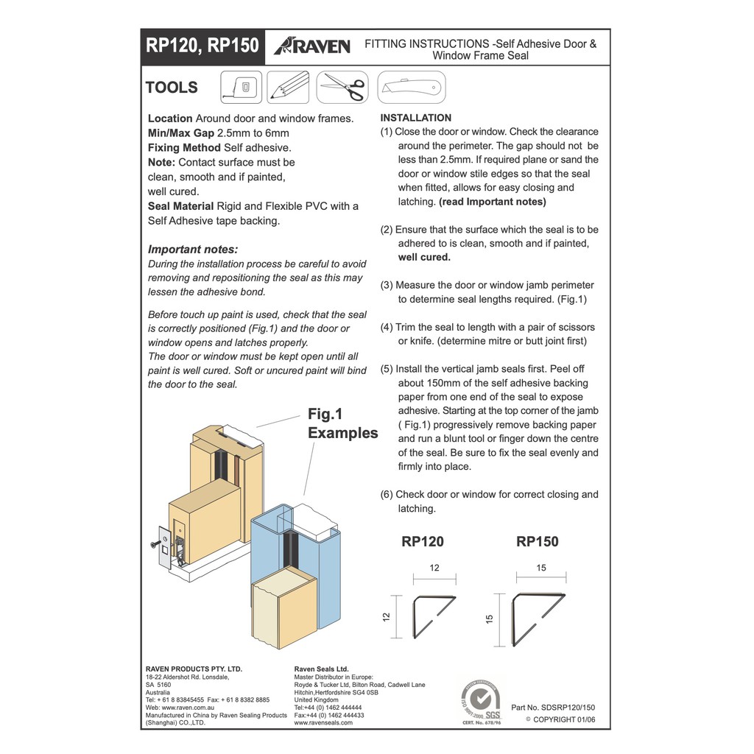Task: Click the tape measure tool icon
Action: click(x=241, y=87)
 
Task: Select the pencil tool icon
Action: click(x=287, y=87)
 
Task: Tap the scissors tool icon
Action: click(x=342, y=87)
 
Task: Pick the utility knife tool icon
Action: click(x=412, y=88)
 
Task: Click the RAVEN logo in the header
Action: click(x=312, y=46)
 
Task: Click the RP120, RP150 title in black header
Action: click(x=202, y=46)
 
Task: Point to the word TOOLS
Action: click(x=172, y=88)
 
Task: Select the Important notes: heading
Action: click(x=193, y=250)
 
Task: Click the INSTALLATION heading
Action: click(x=416, y=118)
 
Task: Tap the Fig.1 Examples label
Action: click(x=342, y=423)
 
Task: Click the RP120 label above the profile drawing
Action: click(x=423, y=542)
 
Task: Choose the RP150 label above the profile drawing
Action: click(x=538, y=542)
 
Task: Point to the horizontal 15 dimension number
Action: click(x=541, y=568)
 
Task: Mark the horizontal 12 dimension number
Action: click(x=434, y=568)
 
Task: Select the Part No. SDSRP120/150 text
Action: click(x=552, y=707)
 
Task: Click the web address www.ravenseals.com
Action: click(x=323, y=722)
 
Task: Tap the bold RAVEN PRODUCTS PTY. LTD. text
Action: click(x=194, y=669)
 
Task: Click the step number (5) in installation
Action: click(x=387, y=369)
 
